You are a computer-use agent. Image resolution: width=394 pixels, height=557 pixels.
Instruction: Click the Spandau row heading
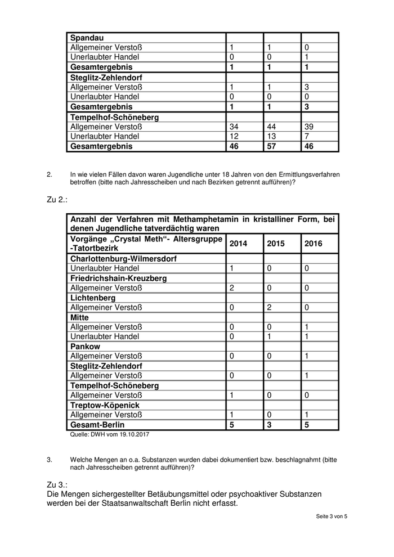[x=86, y=38]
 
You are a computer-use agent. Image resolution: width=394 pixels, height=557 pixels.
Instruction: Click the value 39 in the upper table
[x=309, y=127]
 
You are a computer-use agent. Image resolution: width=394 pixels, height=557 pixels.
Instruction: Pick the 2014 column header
[x=238, y=244]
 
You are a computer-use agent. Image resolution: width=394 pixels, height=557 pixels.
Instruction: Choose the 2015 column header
[x=276, y=244]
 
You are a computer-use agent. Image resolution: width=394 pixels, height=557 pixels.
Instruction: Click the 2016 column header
[x=314, y=244]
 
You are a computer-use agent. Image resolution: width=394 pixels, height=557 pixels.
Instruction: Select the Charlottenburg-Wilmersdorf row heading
[x=123, y=259]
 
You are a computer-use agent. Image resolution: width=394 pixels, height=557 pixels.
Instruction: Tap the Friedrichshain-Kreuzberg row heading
[x=118, y=278]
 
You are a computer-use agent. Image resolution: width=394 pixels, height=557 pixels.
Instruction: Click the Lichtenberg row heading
[x=93, y=298]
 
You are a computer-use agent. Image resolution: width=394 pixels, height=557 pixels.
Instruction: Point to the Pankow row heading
[x=85, y=347]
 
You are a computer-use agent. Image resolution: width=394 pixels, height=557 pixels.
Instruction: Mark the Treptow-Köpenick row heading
[x=105, y=405]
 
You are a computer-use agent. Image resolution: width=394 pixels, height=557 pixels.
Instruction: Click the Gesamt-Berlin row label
[x=97, y=425]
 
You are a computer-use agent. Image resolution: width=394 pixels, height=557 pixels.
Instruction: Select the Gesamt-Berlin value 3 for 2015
[x=269, y=425]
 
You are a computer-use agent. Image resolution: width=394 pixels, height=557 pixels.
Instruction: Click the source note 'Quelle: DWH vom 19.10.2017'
[x=109, y=434]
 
